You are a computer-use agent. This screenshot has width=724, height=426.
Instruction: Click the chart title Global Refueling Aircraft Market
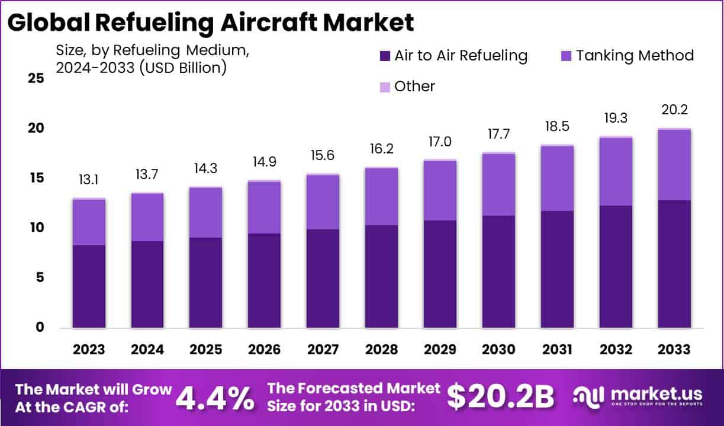[211, 22]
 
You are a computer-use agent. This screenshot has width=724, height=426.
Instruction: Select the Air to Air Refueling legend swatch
[385, 56]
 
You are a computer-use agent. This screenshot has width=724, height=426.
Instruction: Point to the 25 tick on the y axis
[36, 78]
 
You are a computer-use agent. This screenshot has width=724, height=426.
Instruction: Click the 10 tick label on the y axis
[36, 228]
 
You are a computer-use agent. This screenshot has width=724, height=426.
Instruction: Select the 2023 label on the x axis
[89, 350]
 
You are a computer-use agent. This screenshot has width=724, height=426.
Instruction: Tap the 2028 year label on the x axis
[381, 350]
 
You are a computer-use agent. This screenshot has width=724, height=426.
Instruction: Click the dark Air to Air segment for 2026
[265, 280]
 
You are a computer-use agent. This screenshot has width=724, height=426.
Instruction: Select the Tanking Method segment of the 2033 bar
[674, 165]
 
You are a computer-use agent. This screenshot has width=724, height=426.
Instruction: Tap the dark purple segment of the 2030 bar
[498, 271]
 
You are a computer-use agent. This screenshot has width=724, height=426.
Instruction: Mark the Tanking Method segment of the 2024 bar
[147, 217]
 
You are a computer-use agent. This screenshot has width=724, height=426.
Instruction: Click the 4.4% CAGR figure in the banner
[215, 398]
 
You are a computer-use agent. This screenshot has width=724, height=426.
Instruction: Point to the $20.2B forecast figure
[500, 397]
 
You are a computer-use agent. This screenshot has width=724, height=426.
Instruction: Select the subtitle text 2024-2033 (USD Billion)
[141, 68]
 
